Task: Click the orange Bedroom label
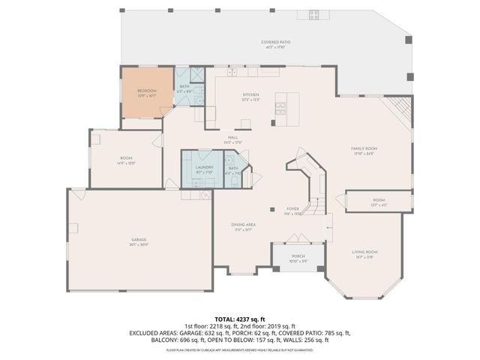coord(146,91)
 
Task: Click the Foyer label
coord(292,211)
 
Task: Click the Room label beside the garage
coord(126,160)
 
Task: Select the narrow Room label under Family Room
coord(379,202)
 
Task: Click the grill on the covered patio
coord(314,14)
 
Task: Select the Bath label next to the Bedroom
coord(184,88)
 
